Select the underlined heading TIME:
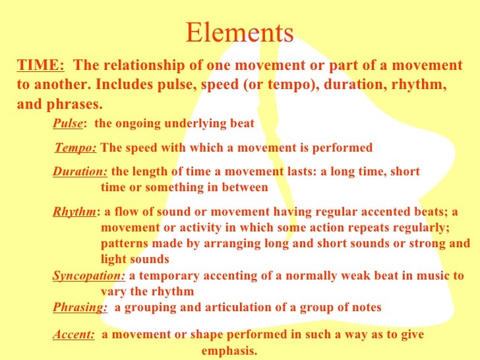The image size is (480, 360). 40,66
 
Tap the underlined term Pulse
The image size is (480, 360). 68,124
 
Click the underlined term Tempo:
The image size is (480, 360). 75,148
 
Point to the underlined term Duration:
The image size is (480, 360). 80,172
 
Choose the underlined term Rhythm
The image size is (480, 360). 74,212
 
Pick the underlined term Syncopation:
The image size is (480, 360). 88,276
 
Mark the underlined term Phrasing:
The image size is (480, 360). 80,308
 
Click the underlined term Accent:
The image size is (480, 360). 74,335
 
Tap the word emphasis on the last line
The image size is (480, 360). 228,350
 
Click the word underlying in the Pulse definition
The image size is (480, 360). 196,124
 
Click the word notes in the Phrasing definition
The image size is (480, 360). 365,308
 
